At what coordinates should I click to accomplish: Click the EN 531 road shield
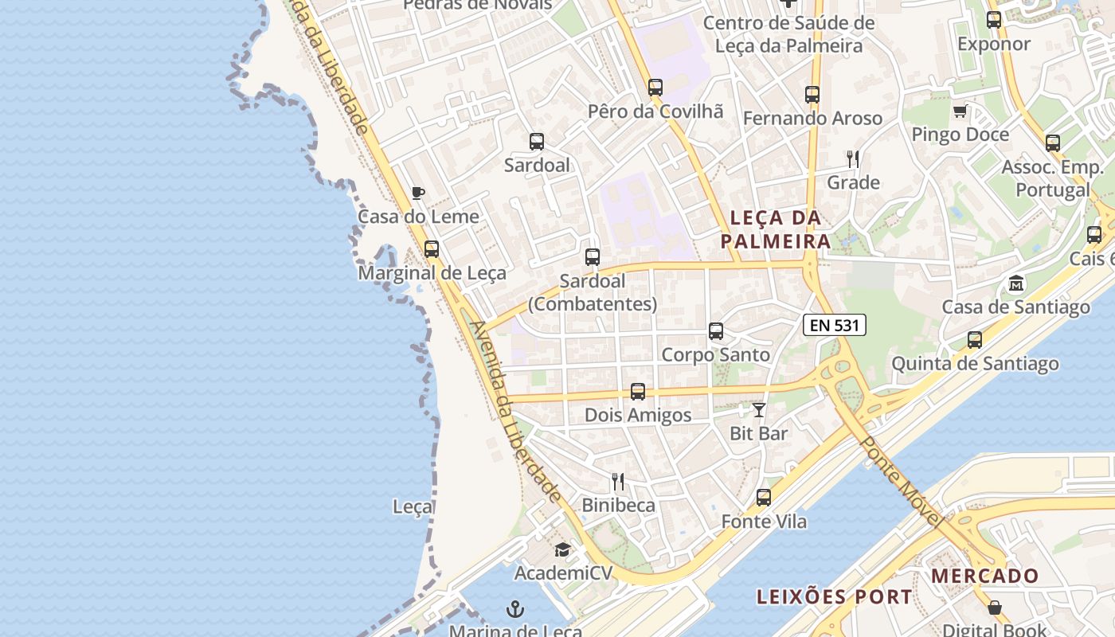click(x=834, y=325)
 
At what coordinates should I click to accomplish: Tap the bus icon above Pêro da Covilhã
click(x=655, y=88)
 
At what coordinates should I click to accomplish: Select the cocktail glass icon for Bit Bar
click(x=759, y=410)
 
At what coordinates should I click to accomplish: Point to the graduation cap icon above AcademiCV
click(x=562, y=549)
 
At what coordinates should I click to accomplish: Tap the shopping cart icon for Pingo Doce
click(x=960, y=111)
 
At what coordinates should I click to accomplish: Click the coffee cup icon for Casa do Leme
click(x=418, y=193)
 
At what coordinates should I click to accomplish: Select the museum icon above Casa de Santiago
click(x=1016, y=283)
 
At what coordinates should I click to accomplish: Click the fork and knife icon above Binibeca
click(x=618, y=482)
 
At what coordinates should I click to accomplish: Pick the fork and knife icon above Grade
click(x=853, y=159)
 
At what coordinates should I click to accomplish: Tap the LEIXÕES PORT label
click(x=834, y=597)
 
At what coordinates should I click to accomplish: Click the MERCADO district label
click(x=985, y=576)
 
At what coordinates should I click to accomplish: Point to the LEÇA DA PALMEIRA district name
click(x=775, y=229)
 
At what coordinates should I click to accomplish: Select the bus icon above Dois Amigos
click(x=638, y=392)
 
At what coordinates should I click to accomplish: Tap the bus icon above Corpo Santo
click(x=716, y=331)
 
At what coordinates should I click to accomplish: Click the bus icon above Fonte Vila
click(x=764, y=498)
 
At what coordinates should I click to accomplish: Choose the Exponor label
click(x=994, y=44)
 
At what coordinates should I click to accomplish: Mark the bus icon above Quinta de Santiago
click(x=975, y=340)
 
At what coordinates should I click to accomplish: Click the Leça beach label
click(x=413, y=506)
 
